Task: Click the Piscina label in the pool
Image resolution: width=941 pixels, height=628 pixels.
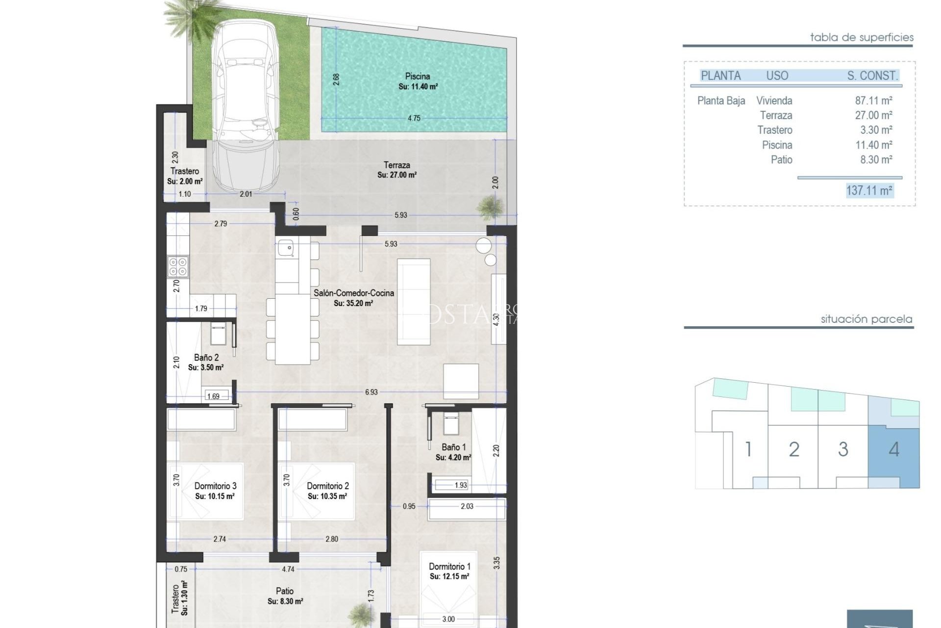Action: [x=418, y=77]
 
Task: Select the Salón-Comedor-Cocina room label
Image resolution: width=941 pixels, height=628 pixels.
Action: [x=353, y=293]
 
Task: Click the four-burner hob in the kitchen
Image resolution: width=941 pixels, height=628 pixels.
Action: [x=177, y=267]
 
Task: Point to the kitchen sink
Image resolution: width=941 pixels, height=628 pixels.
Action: [x=285, y=248]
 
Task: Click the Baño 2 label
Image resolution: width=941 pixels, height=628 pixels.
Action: [x=206, y=358]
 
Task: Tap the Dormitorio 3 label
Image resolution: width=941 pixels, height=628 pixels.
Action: [x=215, y=486]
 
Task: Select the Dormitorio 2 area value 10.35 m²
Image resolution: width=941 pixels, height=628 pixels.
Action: [x=327, y=497]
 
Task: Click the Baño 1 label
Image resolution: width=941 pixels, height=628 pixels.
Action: [x=453, y=447]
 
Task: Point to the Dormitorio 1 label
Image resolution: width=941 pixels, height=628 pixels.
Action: [x=449, y=566]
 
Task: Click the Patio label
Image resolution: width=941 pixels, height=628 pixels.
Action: [x=285, y=591]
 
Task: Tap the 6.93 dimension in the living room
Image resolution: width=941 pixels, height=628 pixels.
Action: [x=371, y=392]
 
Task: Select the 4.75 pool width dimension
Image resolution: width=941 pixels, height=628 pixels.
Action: [x=414, y=118]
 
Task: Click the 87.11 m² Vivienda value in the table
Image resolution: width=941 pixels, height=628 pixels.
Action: [x=873, y=101]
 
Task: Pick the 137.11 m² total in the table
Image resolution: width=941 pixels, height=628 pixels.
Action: [x=869, y=190]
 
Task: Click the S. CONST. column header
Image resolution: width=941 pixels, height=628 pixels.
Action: [x=872, y=76]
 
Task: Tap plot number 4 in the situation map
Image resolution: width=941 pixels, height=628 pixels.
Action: [x=894, y=449]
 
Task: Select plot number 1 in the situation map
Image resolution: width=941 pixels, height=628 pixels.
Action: [x=748, y=449]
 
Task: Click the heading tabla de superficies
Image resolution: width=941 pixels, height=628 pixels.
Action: [x=862, y=37]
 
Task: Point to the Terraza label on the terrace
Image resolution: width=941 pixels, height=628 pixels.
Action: [x=396, y=165]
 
